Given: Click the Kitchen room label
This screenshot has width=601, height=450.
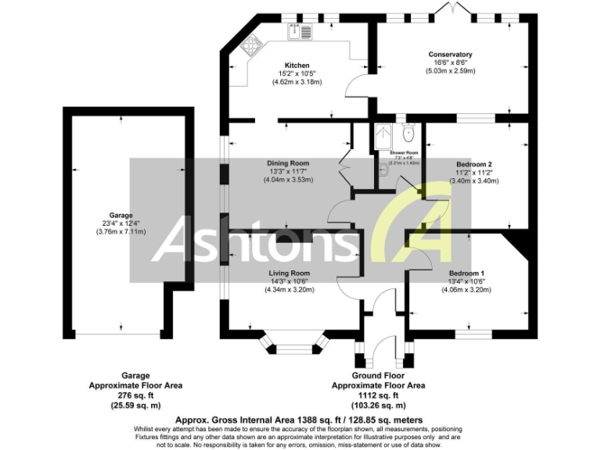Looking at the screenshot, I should click(x=297, y=66).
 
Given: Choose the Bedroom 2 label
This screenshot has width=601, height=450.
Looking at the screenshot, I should click(x=473, y=164).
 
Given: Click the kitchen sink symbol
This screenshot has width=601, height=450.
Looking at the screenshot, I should click(x=301, y=31).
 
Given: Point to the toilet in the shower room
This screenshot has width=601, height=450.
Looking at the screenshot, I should click(x=408, y=129).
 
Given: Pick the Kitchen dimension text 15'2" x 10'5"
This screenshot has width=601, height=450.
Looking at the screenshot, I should click(x=297, y=73).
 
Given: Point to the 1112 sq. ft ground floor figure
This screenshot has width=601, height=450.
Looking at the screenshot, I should click(x=379, y=395).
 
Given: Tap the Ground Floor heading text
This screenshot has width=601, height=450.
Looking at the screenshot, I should click(x=379, y=375).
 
